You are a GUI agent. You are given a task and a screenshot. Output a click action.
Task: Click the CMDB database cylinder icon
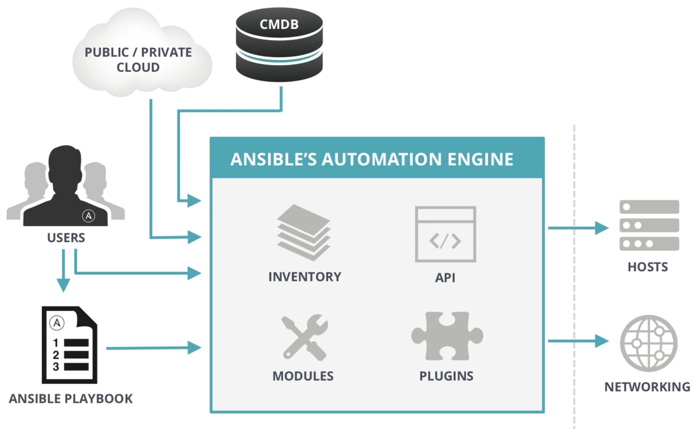279,45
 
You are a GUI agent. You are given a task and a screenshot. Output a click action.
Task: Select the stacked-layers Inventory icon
304,232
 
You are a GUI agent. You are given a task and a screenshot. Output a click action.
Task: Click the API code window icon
445,235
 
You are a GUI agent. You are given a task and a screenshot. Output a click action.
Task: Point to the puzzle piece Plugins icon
447,336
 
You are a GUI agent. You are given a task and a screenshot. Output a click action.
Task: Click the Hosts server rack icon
649,225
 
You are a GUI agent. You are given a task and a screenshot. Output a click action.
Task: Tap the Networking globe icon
649,343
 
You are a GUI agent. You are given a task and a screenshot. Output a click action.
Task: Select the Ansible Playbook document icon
70,345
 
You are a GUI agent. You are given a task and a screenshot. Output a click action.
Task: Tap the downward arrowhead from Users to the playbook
63,285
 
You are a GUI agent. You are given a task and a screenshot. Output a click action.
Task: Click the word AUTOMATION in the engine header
382,159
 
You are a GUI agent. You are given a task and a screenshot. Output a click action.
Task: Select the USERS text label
66,238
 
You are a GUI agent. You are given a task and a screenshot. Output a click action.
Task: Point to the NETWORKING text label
647,387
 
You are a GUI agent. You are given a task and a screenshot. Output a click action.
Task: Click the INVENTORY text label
305,277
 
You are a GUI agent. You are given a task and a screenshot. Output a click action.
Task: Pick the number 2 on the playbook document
56,355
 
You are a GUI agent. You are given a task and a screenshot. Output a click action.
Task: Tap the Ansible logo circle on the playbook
57,323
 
